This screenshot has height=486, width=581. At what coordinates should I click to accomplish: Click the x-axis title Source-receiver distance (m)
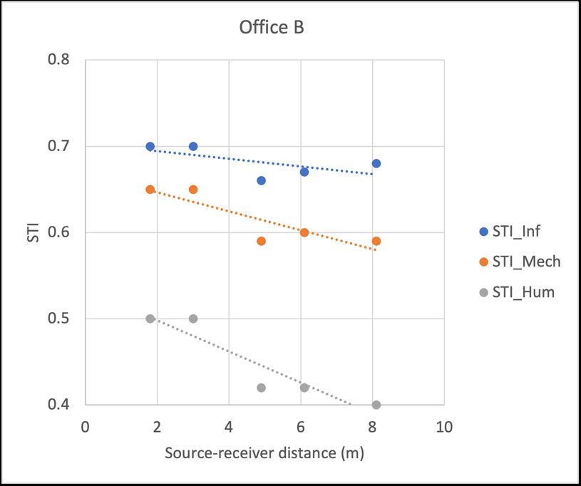266,453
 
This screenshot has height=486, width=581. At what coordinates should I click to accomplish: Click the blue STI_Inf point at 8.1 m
376,163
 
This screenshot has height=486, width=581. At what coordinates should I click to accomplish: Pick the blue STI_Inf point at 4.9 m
261,180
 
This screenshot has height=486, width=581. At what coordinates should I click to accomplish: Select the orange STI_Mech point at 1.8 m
150,190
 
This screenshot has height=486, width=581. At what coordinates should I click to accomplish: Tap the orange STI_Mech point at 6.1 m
304,232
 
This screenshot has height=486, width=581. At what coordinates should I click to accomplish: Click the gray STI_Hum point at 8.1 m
376,405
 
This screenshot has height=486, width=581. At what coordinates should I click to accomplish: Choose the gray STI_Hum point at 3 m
193,319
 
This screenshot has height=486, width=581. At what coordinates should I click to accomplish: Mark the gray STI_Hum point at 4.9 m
261,388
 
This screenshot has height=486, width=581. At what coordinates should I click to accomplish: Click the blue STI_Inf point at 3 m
193,146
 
